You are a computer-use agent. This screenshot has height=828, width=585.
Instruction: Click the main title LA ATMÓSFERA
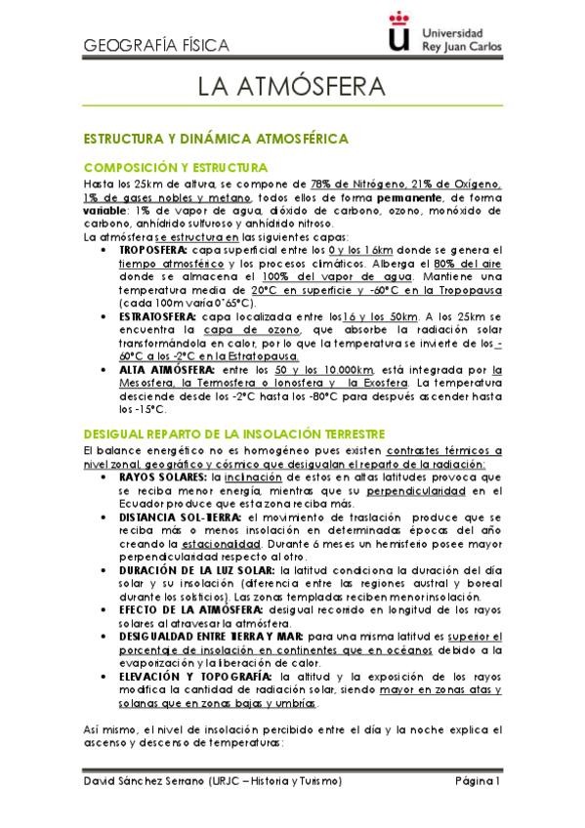(x=291, y=89)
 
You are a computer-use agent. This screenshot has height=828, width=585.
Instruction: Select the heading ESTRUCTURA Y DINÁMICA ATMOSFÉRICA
(x=216, y=140)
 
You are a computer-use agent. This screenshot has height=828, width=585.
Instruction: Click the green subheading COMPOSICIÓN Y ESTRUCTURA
(x=176, y=168)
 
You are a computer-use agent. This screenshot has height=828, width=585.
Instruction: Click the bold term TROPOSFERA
(x=153, y=250)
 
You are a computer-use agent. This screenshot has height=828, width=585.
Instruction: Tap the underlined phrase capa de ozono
(x=237, y=331)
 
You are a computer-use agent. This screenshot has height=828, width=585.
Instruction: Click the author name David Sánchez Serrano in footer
(x=146, y=782)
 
